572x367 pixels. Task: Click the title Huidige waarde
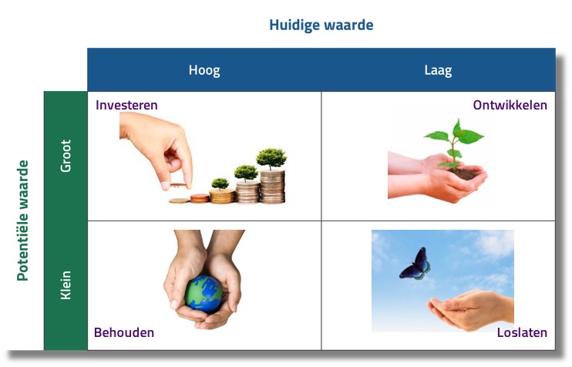tap(321, 25)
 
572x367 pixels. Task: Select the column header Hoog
tap(204, 70)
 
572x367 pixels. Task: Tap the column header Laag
tap(438, 70)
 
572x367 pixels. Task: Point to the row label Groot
tap(66, 156)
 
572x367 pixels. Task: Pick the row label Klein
tap(66, 285)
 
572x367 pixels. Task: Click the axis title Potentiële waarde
tap(23, 221)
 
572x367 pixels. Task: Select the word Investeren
tap(126, 105)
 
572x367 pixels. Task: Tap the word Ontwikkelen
tap(510, 105)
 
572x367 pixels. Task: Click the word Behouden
tap(124, 332)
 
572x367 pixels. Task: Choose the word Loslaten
tap(522, 332)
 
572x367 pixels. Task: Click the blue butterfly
tap(416, 264)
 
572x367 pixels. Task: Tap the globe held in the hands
tap(204, 294)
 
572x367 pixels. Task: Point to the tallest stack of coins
tap(272, 187)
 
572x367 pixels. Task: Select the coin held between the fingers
tap(178, 186)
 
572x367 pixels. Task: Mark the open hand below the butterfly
tap(470, 309)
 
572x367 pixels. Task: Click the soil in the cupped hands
tap(463, 173)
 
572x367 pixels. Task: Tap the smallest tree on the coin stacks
tap(220, 183)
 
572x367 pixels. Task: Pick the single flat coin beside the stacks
tap(179, 200)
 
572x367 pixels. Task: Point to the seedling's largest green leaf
tap(470, 136)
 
